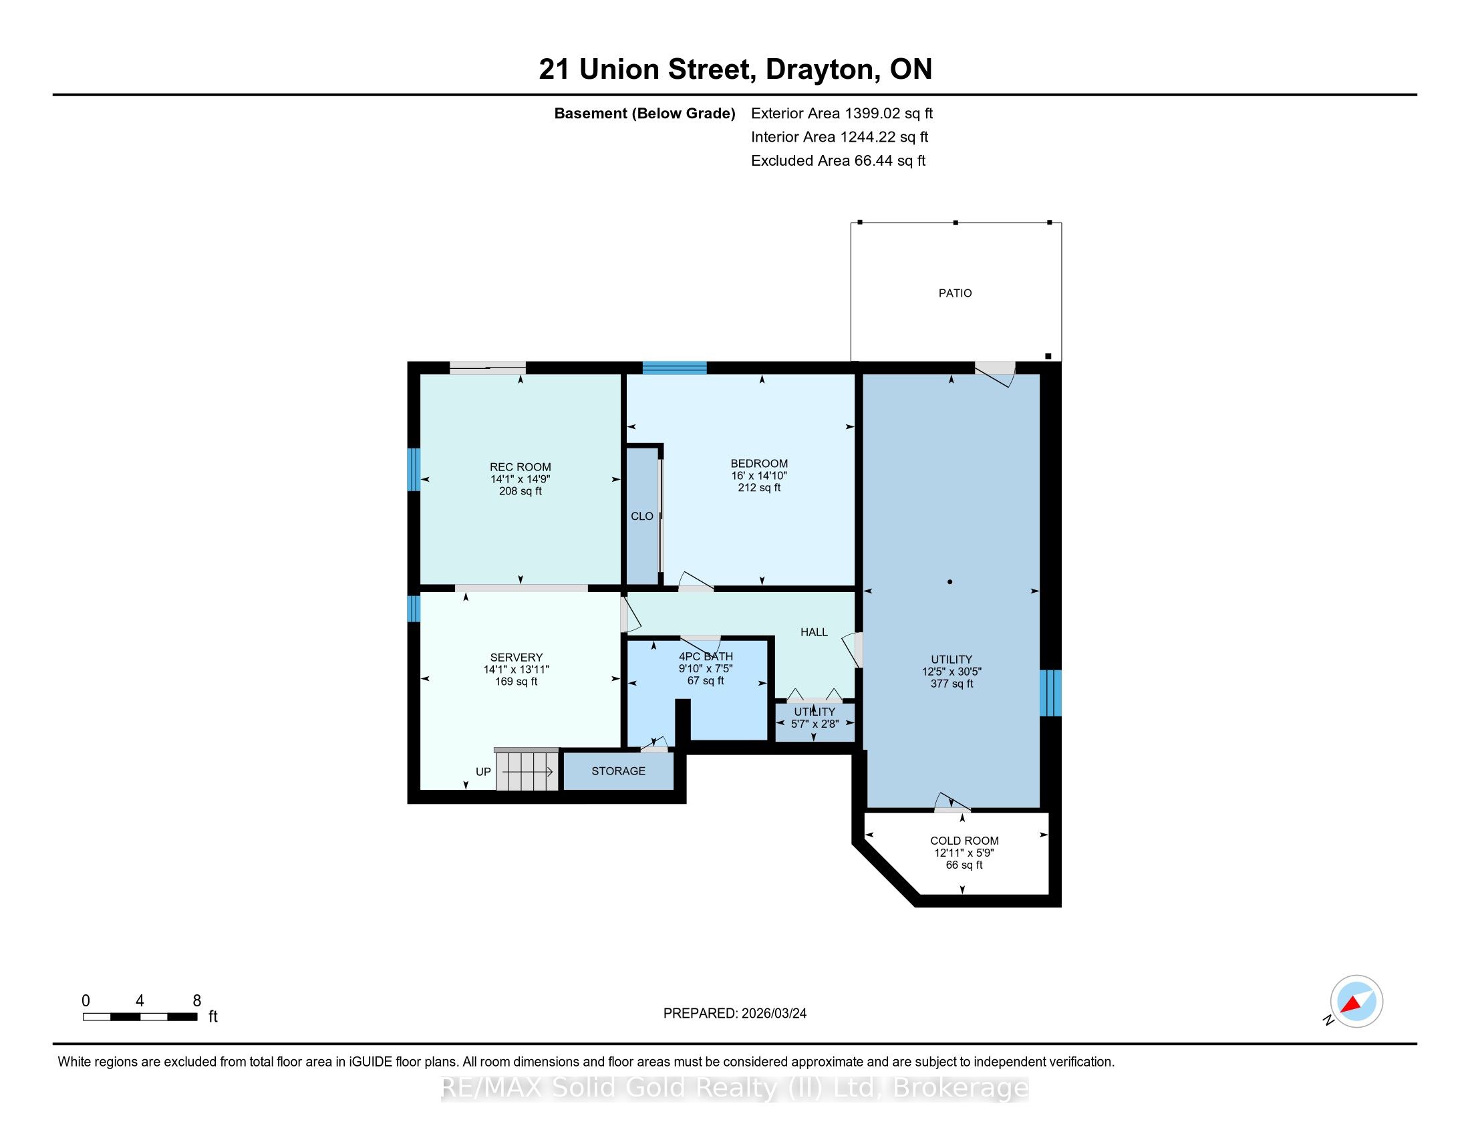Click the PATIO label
tap(955, 293)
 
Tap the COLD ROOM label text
tap(964, 841)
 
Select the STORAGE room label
tap(618, 771)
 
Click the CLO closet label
tap(641, 516)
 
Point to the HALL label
tap(814, 632)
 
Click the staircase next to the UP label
tap(527, 769)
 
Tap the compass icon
tap(1356, 1001)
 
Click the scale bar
tap(140, 1016)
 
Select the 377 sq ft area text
tap(951, 684)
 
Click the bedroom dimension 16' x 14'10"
tap(759, 475)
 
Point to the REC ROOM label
tap(521, 467)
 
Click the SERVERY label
tap(517, 658)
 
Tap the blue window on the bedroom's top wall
tap(674, 368)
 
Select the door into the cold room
tap(951, 803)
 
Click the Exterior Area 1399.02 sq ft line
tap(842, 113)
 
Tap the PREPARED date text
tap(735, 1013)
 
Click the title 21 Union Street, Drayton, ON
tap(736, 69)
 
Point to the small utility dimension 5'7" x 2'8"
tap(815, 724)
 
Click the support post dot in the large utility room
tap(949, 581)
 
